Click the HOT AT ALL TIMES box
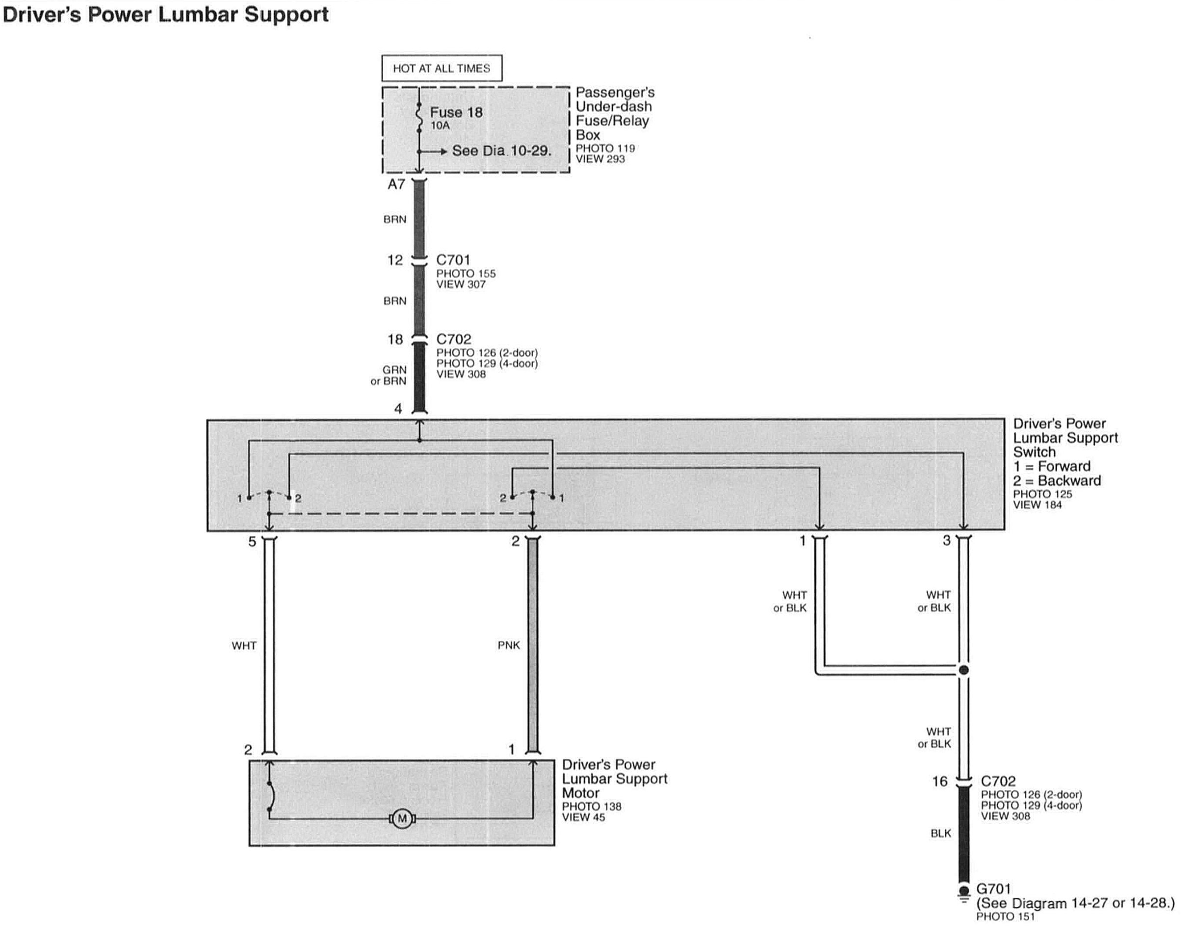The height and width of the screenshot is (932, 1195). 442,68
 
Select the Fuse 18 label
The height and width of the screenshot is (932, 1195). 456,112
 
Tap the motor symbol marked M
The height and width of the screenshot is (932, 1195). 403,819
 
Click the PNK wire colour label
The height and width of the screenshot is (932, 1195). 508,645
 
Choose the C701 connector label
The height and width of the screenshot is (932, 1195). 453,260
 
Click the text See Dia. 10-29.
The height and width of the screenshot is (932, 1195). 501,151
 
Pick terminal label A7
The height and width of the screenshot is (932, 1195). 396,184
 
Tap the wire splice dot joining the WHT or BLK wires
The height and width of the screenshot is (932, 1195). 964,670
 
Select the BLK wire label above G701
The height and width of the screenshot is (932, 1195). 940,833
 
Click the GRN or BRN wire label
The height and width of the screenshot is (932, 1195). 389,375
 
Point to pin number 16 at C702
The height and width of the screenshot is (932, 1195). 939,781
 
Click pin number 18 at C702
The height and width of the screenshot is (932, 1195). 395,340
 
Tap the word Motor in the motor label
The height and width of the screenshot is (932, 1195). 580,793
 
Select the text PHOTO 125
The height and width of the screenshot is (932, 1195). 1042,494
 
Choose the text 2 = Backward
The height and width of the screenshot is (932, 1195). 1057,481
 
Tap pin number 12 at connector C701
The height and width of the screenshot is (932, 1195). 395,260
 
